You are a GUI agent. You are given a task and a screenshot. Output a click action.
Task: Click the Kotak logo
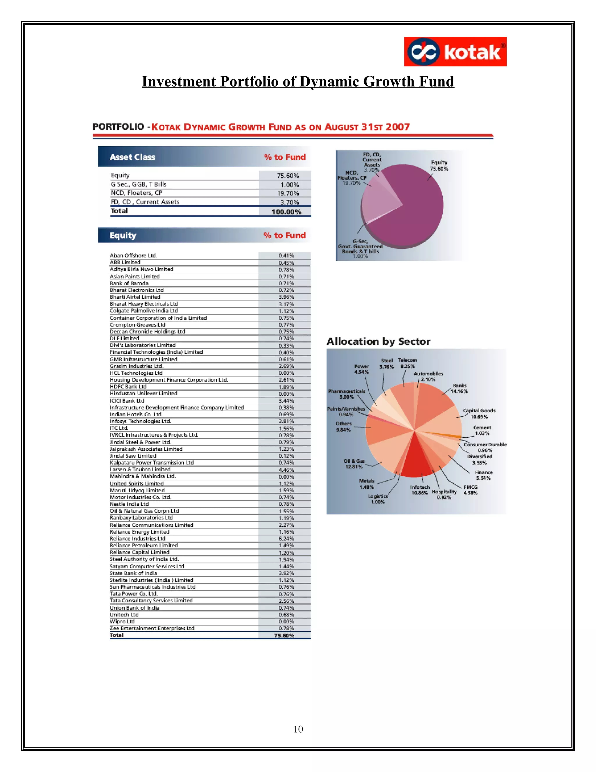click(x=455, y=52)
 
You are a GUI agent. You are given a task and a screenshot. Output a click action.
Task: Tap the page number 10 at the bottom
click(x=298, y=729)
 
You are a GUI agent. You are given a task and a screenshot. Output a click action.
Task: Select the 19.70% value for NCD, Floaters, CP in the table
click(x=288, y=193)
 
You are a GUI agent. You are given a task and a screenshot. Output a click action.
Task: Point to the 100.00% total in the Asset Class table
click(x=286, y=212)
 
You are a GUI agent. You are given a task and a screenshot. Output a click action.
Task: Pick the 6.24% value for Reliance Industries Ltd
click(x=286, y=539)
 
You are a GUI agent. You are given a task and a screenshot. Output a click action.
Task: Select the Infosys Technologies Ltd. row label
click(x=140, y=421)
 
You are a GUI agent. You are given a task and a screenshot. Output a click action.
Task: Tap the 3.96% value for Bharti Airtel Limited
click(x=286, y=297)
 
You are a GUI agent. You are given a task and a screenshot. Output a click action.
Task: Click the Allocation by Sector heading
click(x=378, y=341)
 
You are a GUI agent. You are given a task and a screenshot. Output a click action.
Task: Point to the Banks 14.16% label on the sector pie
click(x=459, y=388)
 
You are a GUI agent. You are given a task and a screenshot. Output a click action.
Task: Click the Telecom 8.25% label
click(x=407, y=363)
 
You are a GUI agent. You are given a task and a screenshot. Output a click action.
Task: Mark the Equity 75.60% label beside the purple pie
click(x=439, y=165)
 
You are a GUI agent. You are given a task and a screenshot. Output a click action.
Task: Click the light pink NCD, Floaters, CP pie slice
click(x=378, y=198)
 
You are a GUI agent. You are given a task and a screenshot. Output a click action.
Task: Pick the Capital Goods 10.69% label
click(x=479, y=414)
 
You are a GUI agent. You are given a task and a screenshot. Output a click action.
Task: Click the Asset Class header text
click(x=132, y=157)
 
